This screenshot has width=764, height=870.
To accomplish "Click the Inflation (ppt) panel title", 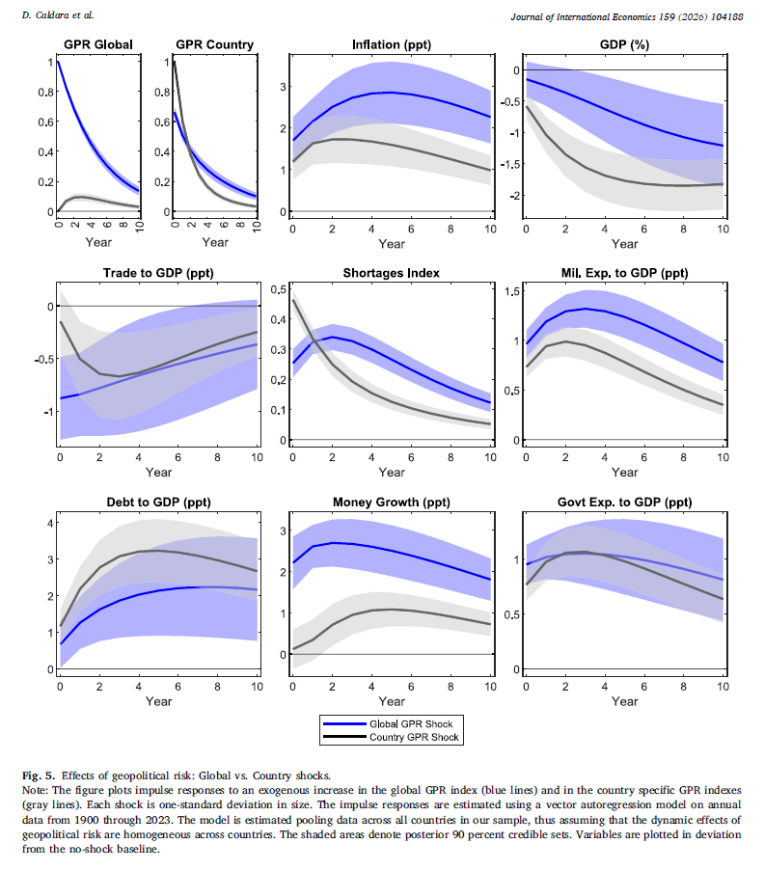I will click(x=392, y=44).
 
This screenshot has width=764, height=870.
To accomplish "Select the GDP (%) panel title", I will click(x=625, y=44).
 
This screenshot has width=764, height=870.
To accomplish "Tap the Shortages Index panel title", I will click(x=392, y=273).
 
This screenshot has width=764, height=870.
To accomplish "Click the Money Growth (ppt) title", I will click(x=392, y=503).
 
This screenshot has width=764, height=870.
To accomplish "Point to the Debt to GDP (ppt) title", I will click(x=158, y=503).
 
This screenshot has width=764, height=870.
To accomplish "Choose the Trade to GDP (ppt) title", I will click(x=158, y=273).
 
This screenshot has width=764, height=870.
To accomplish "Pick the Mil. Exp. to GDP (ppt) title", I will click(x=625, y=273).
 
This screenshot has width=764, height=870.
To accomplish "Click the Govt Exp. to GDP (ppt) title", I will click(x=625, y=503).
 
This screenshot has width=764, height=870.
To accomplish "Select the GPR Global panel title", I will click(x=97, y=44).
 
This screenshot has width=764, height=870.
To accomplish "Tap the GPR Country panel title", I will click(x=215, y=44).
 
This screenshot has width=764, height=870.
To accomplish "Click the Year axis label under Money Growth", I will click(x=392, y=700).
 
